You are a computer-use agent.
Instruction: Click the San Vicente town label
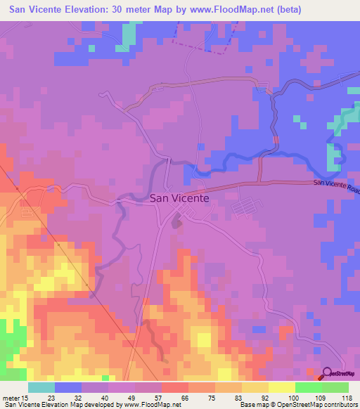(x=179, y=198)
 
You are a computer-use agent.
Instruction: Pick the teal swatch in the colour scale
(x=41, y=387)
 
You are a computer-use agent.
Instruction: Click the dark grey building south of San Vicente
(x=176, y=223)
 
